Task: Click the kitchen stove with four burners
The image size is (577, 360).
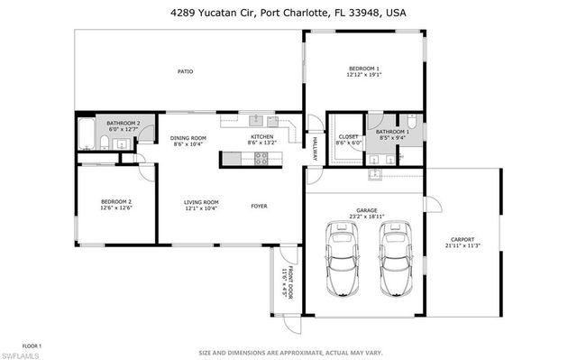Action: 261,158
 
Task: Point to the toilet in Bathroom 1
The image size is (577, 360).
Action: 411,125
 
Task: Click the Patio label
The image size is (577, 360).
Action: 185,71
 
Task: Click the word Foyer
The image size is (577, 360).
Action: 260,205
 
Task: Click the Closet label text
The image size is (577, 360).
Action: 348,136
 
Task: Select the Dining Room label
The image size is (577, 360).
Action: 188,138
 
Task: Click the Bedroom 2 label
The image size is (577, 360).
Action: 116,201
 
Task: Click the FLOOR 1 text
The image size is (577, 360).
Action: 32,346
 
